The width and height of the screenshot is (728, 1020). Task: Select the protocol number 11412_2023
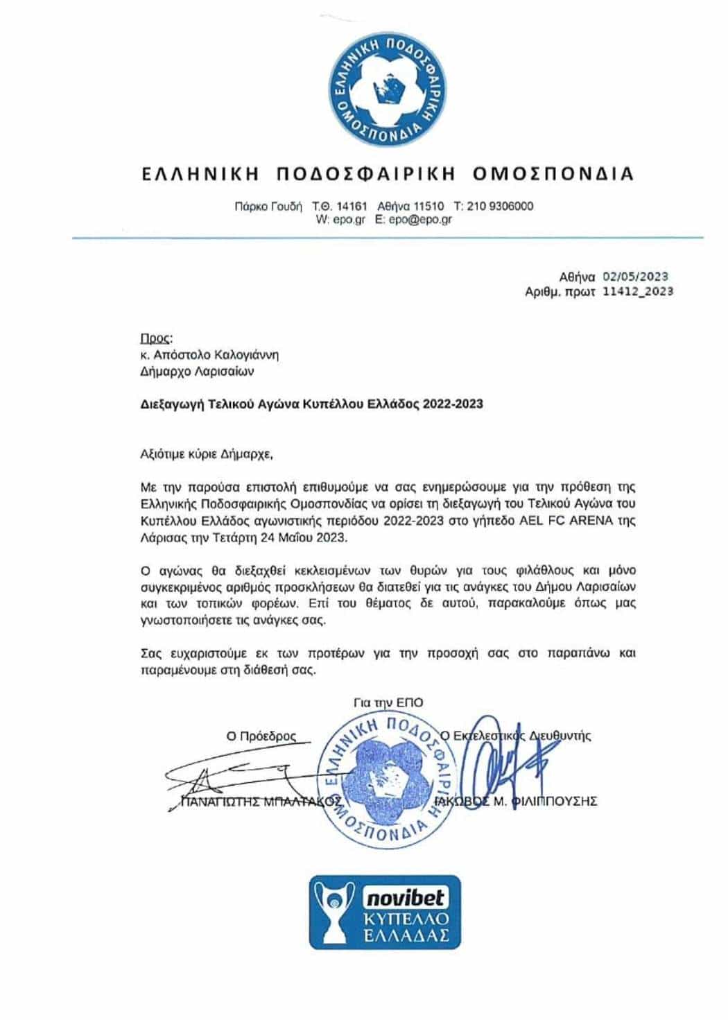pos(638,292)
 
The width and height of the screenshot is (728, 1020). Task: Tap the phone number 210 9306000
pos(502,206)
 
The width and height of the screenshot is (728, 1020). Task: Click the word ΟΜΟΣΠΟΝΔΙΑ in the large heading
pos(553,173)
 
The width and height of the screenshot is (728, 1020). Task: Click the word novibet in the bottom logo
pos(406,899)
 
